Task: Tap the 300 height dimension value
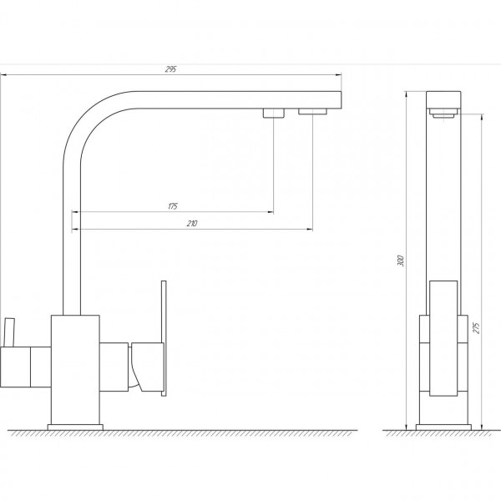402,260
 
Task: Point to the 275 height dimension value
475,326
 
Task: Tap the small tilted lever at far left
9,331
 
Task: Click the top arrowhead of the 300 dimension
409,91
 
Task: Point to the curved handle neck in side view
137,367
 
